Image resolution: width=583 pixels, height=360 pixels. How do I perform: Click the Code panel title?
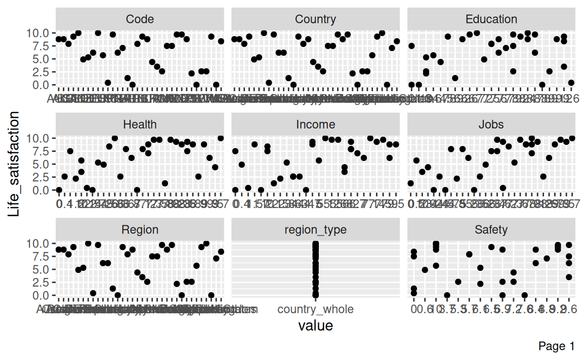point(140,19)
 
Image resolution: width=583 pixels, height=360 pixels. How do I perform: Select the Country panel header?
point(315,19)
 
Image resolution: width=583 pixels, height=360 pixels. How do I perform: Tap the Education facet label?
point(491,19)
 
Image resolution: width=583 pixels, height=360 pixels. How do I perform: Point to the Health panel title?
point(140,125)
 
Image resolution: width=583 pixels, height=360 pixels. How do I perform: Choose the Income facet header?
point(315,125)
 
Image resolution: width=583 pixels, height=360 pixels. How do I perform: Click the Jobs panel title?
point(491,125)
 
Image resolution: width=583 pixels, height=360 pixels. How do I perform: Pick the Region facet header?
point(140,230)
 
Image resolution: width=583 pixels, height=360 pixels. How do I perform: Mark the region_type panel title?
point(315,230)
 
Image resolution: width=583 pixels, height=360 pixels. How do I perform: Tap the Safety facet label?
point(491,230)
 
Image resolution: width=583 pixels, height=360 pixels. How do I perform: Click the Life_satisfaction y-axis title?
point(15,164)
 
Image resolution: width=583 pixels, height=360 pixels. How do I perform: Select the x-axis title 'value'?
point(315,326)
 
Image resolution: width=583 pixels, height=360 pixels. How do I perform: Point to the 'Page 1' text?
point(557,346)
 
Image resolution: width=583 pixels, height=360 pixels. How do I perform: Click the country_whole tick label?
point(316,309)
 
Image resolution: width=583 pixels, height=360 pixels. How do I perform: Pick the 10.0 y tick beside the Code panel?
point(38,33)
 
